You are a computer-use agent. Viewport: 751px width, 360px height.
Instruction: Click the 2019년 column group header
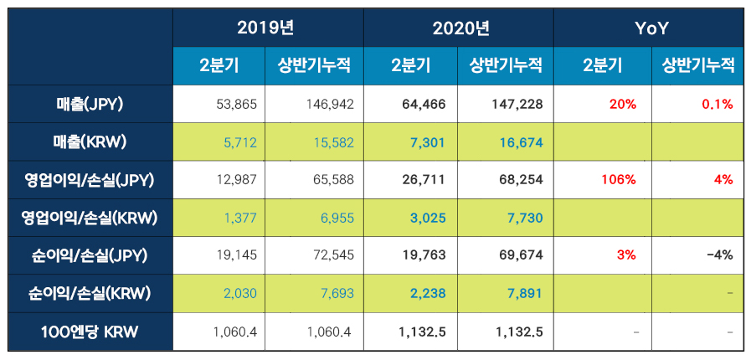(267, 28)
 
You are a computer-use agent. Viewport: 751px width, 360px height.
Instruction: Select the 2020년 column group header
(459, 28)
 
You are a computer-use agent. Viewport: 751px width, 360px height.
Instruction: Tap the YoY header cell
(650, 28)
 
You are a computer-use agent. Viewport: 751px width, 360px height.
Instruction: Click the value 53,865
(236, 105)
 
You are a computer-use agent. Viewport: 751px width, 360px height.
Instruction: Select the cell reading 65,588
(330, 180)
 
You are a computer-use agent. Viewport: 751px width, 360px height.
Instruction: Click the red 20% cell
(624, 105)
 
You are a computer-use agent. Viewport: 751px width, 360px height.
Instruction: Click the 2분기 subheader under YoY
(600, 66)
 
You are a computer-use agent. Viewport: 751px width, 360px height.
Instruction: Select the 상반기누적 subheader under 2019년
(315, 66)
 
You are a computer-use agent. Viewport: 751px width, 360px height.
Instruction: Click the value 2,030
(239, 293)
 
